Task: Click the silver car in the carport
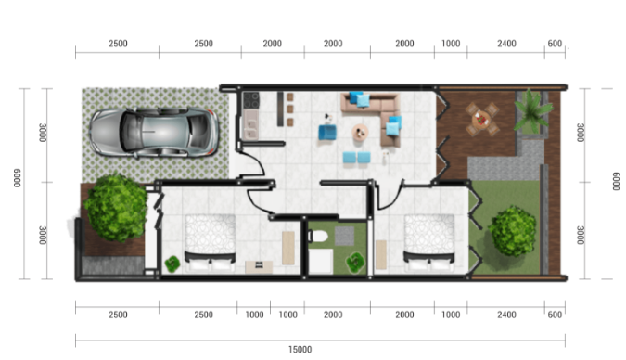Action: coord(156,131)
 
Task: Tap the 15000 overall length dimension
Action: coord(299,349)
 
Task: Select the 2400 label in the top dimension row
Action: coord(506,44)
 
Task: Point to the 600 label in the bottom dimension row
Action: coord(555,315)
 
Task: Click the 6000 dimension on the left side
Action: coord(18,183)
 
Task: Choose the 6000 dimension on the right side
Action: coord(616,183)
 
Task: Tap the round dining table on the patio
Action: coord(480,118)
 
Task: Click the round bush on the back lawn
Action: coord(512,231)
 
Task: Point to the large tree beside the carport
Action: coord(115,207)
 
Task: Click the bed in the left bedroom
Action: coord(211,241)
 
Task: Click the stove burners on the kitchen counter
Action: coord(249,99)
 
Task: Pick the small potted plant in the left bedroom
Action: coord(172,264)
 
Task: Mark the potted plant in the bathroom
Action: coord(355,263)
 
